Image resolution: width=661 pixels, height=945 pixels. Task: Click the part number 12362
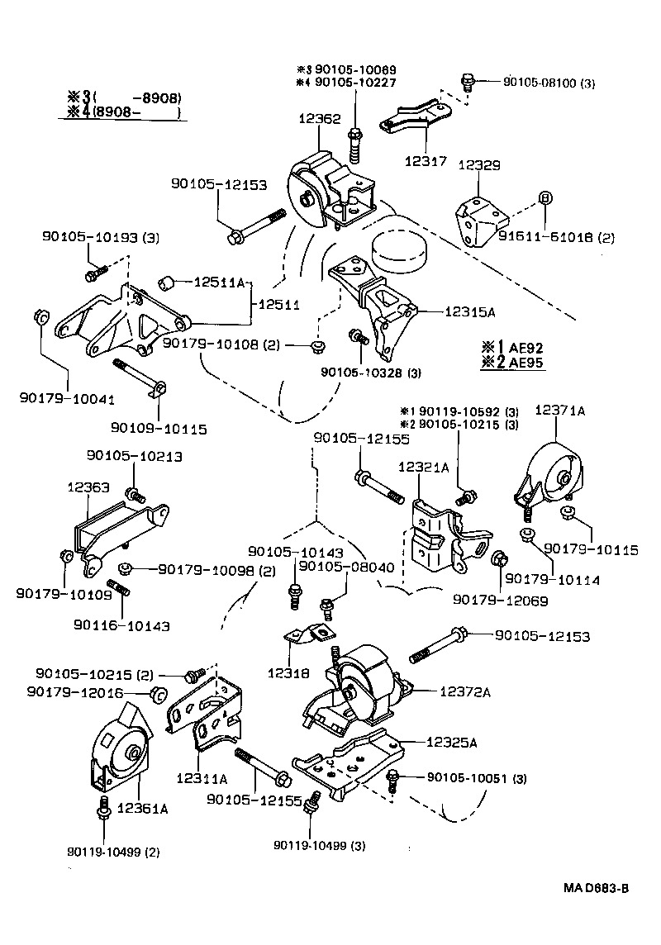(319, 119)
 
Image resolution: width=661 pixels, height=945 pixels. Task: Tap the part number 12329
(479, 166)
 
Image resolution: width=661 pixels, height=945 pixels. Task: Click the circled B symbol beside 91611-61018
(544, 197)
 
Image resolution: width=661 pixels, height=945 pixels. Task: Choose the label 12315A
(469, 311)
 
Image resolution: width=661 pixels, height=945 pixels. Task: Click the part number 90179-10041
(66, 399)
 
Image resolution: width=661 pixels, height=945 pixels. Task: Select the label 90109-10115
(158, 429)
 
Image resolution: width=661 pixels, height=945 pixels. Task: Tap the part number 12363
(88, 488)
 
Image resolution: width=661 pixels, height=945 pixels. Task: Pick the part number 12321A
(423, 468)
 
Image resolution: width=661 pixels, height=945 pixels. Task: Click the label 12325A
(451, 742)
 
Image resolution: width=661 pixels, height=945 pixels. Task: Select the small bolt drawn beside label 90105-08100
(468, 82)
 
